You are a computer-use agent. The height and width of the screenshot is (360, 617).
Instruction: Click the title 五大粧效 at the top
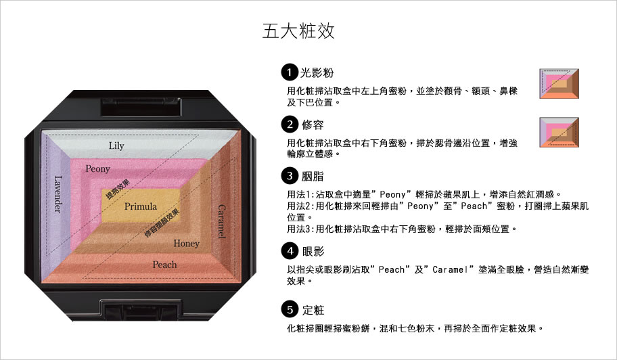(298, 31)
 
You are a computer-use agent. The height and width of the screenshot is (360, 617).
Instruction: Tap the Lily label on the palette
(116, 146)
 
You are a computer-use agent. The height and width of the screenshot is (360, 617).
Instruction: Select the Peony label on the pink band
(97, 168)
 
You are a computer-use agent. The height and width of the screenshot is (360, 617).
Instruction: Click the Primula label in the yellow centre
(141, 206)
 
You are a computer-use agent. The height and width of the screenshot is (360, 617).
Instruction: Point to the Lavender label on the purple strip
(58, 194)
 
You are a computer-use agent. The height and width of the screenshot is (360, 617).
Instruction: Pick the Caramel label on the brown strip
(222, 221)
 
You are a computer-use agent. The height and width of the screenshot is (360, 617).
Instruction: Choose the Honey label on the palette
(187, 244)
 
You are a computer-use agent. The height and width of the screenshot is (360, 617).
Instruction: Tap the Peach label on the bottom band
(164, 265)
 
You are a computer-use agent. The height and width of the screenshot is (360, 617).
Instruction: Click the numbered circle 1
(290, 72)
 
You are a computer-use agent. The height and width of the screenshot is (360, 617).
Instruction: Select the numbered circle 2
(290, 125)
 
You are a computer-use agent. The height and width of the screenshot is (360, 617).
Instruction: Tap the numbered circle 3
(290, 175)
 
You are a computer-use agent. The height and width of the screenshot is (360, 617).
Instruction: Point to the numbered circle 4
(290, 250)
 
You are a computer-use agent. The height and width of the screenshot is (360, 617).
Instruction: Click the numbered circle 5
(290, 309)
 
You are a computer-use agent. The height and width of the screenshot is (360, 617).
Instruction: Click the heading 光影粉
(317, 73)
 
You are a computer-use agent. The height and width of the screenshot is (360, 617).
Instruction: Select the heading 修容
(313, 125)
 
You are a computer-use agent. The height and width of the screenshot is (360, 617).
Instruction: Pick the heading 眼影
(313, 251)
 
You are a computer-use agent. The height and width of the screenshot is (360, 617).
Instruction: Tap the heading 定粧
(313, 310)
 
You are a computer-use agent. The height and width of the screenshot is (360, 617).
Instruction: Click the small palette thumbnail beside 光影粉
(559, 83)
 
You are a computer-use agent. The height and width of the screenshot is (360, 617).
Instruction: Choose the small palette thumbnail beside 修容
(559, 132)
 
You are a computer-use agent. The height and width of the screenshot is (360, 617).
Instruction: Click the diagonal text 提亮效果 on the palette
(118, 189)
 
